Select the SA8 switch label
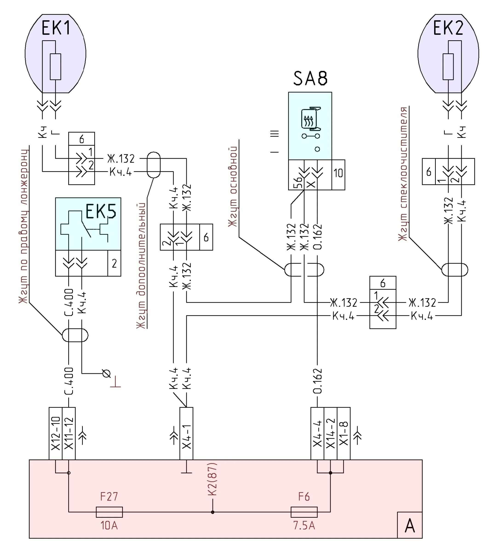310,78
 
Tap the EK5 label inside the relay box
101,212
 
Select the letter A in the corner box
410,526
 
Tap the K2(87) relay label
213,479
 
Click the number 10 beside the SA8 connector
338,173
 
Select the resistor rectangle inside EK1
55,67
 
